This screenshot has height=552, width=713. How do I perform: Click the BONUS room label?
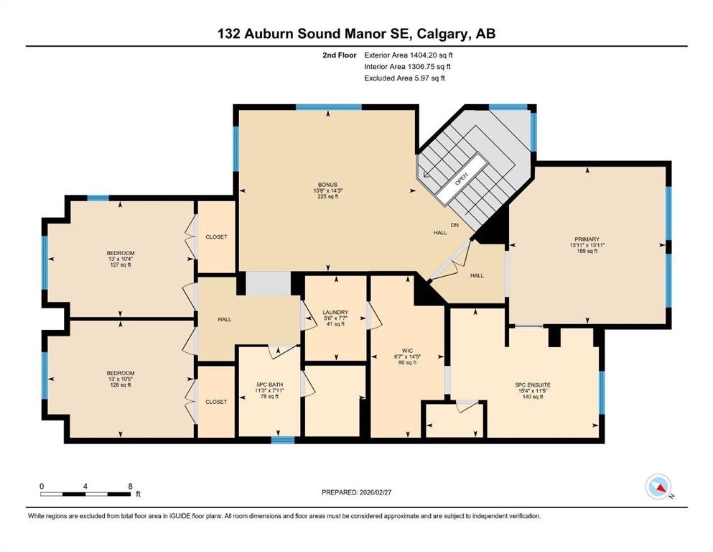point(327,184)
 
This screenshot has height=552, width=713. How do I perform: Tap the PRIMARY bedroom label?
point(587,239)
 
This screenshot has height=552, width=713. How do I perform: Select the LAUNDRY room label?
point(335,312)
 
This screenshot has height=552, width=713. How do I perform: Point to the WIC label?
point(407,351)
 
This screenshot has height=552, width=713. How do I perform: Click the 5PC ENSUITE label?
point(533,385)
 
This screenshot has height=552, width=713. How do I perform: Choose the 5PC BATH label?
point(270,385)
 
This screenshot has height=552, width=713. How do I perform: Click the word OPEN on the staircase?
point(461,178)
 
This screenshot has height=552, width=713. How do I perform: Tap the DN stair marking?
point(455,225)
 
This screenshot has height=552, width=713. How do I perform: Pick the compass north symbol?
point(659,487)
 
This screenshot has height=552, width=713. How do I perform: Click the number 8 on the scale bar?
point(131,486)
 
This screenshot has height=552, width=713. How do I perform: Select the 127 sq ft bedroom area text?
point(121,264)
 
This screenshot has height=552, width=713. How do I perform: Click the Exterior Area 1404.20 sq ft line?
point(409,55)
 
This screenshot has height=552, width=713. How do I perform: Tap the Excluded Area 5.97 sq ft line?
point(405,78)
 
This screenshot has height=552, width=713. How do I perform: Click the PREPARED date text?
point(356,492)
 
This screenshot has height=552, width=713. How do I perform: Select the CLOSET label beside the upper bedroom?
point(216,237)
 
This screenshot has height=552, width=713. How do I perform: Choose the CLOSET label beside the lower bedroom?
point(216,402)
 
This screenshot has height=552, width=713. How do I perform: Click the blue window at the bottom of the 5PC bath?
point(283,440)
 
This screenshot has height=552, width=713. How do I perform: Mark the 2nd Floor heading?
point(339,55)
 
